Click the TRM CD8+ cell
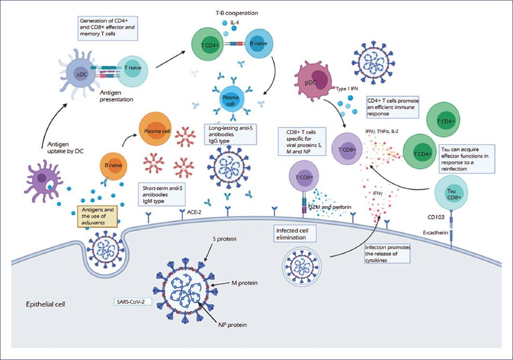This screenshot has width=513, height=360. coord(451,192)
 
